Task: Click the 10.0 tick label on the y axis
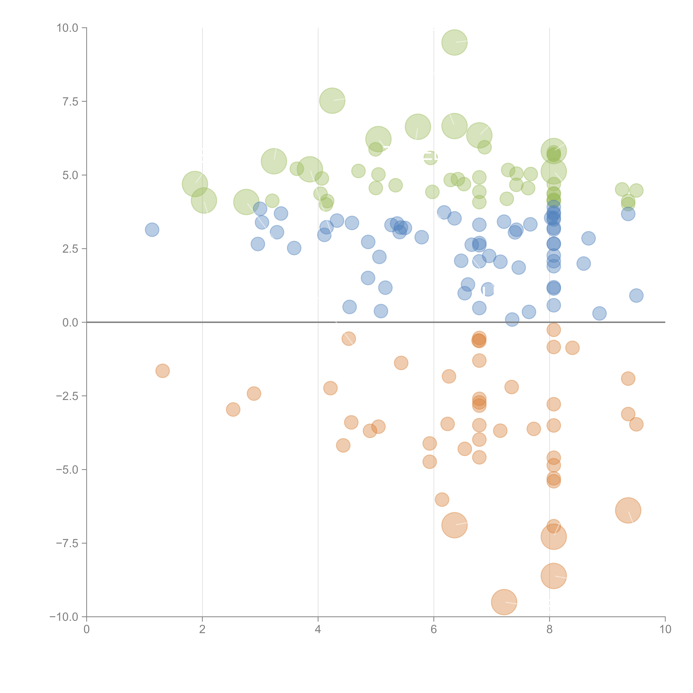pos(67,28)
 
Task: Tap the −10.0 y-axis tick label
pos(65,617)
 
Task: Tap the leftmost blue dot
pos(152,230)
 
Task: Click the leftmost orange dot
pos(162,371)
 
